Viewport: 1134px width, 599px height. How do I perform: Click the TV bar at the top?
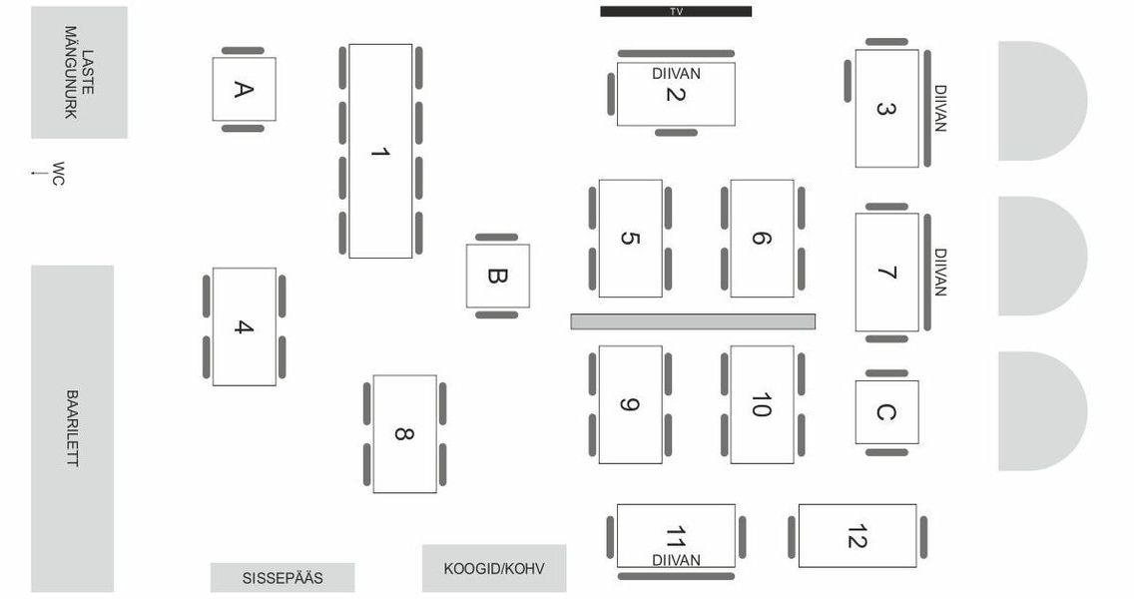pos(676,12)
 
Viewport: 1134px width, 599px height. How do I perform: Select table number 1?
pos(380,151)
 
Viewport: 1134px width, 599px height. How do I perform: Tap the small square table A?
pos(244,90)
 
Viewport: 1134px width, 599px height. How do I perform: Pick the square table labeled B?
pos(497,277)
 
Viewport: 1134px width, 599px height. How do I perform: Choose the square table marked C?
pos(886,412)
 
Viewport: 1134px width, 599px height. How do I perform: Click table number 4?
pos(245,327)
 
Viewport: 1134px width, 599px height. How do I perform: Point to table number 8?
pos(405,434)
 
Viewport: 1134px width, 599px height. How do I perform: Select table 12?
pos(857,536)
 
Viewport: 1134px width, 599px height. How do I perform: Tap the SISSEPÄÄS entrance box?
pos(283,578)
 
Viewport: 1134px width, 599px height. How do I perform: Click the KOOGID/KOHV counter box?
pos(494,569)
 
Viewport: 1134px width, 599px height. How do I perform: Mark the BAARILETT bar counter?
pos(72,429)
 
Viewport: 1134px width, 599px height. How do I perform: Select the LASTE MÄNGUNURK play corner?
pos(80,72)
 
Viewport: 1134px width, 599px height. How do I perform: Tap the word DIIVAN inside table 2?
pos(676,74)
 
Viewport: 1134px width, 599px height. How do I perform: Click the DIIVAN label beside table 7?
pos(940,272)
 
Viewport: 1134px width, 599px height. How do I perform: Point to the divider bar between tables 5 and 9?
pos(693,321)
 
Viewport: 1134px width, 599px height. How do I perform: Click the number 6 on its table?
pos(762,238)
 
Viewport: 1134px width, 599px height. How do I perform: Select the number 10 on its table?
pos(762,405)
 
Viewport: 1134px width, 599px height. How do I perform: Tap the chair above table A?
pos(243,51)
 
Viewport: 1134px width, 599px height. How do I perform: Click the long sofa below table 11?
pos(676,577)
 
